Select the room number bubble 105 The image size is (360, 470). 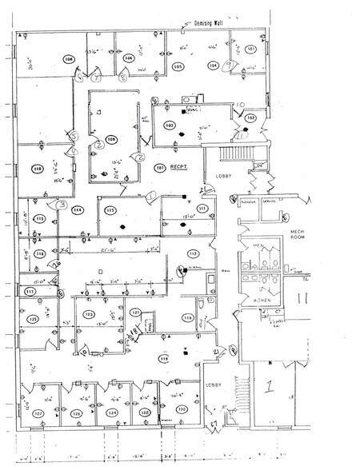(178, 67)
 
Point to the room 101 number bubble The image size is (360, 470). (251, 50)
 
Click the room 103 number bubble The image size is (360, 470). (169, 125)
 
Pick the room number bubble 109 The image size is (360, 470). (112, 140)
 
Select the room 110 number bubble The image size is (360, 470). (37, 169)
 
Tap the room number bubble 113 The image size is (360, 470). (110, 209)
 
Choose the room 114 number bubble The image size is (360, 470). (77, 210)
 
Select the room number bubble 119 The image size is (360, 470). (163, 360)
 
